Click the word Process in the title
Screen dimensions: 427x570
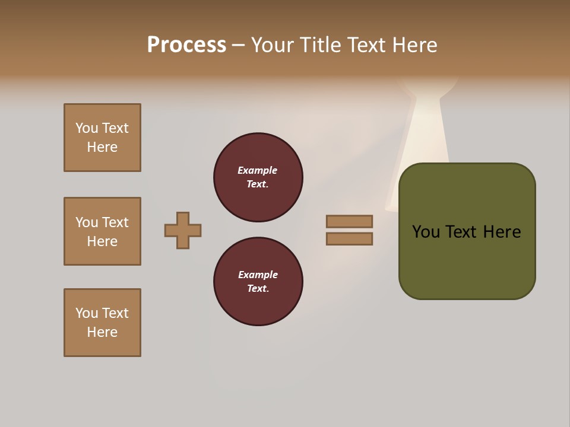tap(186, 45)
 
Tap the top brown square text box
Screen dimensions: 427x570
tap(102, 138)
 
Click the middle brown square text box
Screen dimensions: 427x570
tap(102, 231)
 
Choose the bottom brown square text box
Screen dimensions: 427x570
tap(102, 323)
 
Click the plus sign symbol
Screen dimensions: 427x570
tap(183, 230)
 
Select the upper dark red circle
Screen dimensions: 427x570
tap(258, 177)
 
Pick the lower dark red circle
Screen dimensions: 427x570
tap(258, 282)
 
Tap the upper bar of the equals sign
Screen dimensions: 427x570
tap(349, 221)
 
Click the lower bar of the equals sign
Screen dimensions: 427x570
tap(349, 238)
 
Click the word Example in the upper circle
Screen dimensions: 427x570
tap(257, 170)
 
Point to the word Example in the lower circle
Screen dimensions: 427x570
tap(258, 275)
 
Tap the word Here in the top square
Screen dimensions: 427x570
tap(102, 147)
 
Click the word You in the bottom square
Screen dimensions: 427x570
tap(87, 313)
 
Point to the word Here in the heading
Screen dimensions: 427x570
tap(415, 45)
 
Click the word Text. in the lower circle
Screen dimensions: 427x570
tap(258, 289)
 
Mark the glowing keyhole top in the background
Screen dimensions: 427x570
tap(429, 89)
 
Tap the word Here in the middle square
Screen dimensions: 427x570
tap(102, 241)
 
